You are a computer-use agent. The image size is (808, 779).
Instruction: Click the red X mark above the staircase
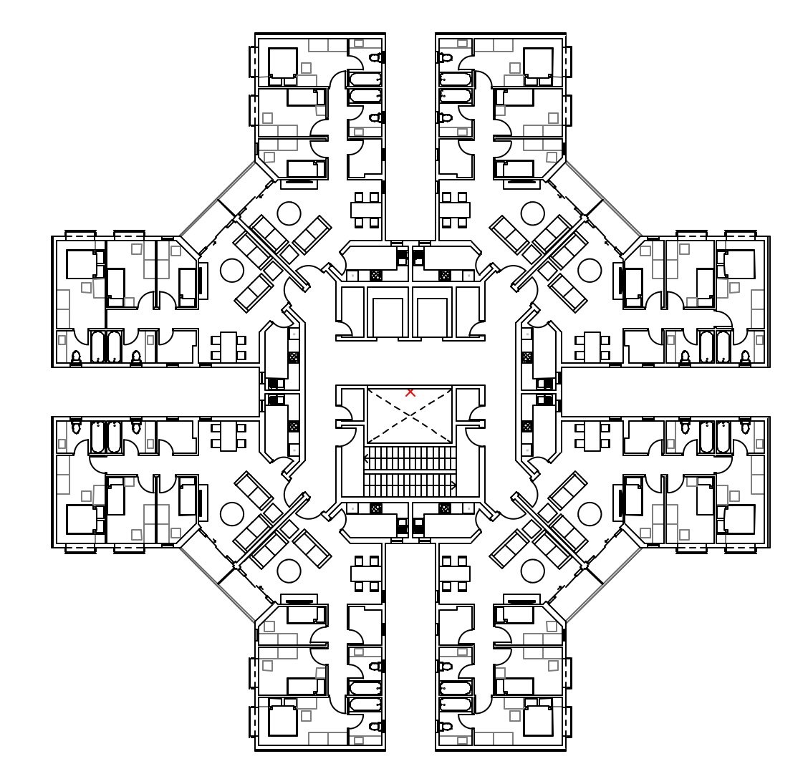click(x=410, y=392)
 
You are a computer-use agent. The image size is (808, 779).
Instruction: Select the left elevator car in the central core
click(x=387, y=317)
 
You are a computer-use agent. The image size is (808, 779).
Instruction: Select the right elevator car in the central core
click(x=432, y=317)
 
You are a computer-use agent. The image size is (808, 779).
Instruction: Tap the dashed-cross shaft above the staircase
click(x=410, y=415)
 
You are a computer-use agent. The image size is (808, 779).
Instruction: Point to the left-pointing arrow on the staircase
click(x=367, y=458)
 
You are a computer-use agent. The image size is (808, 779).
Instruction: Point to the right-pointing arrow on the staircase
click(x=453, y=485)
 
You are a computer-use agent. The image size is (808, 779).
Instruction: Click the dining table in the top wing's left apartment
click(x=365, y=210)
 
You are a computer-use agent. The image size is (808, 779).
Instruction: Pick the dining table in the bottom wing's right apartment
click(x=454, y=574)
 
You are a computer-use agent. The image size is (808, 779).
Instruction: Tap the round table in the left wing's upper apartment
click(x=232, y=270)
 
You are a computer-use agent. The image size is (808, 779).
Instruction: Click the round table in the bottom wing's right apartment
click(x=532, y=571)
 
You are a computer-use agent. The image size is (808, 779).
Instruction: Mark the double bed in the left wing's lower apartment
click(x=81, y=519)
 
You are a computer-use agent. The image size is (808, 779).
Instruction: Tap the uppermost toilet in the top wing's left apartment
click(x=375, y=57)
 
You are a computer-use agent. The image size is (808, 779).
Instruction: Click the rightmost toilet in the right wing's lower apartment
click(x=745, y=427)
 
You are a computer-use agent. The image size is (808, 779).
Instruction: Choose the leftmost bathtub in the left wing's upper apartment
click(x=98, y=346)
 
